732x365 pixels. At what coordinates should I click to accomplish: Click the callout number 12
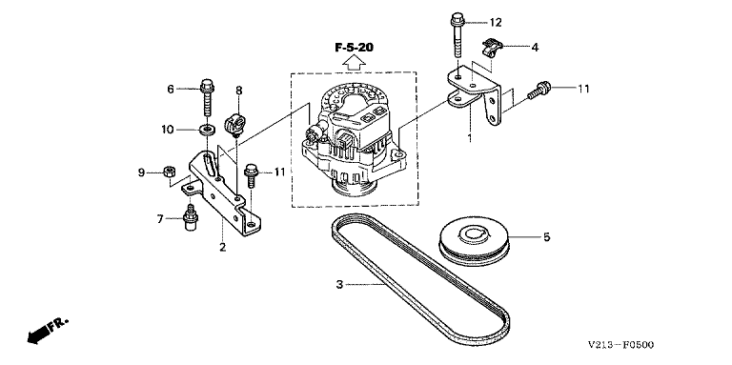pyautogui.click(x=495, y=22)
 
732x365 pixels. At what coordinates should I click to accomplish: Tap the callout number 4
pyautogui.click(x=535, y=47)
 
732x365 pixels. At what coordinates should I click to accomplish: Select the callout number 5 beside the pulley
pyautogui.click(x=547, y=237)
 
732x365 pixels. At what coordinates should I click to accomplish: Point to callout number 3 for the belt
pyautogui.click(x=340, y=284)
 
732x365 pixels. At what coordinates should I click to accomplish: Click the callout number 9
pyautogui.click(x=141, y=173)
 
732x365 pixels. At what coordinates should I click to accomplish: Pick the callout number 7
pyautogui.click(x=160, y=218)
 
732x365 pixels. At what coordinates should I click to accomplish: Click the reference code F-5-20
pyautogui.click(x=355, y=47)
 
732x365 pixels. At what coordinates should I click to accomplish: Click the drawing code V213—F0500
pyautogui.click(x=620, y=345)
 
